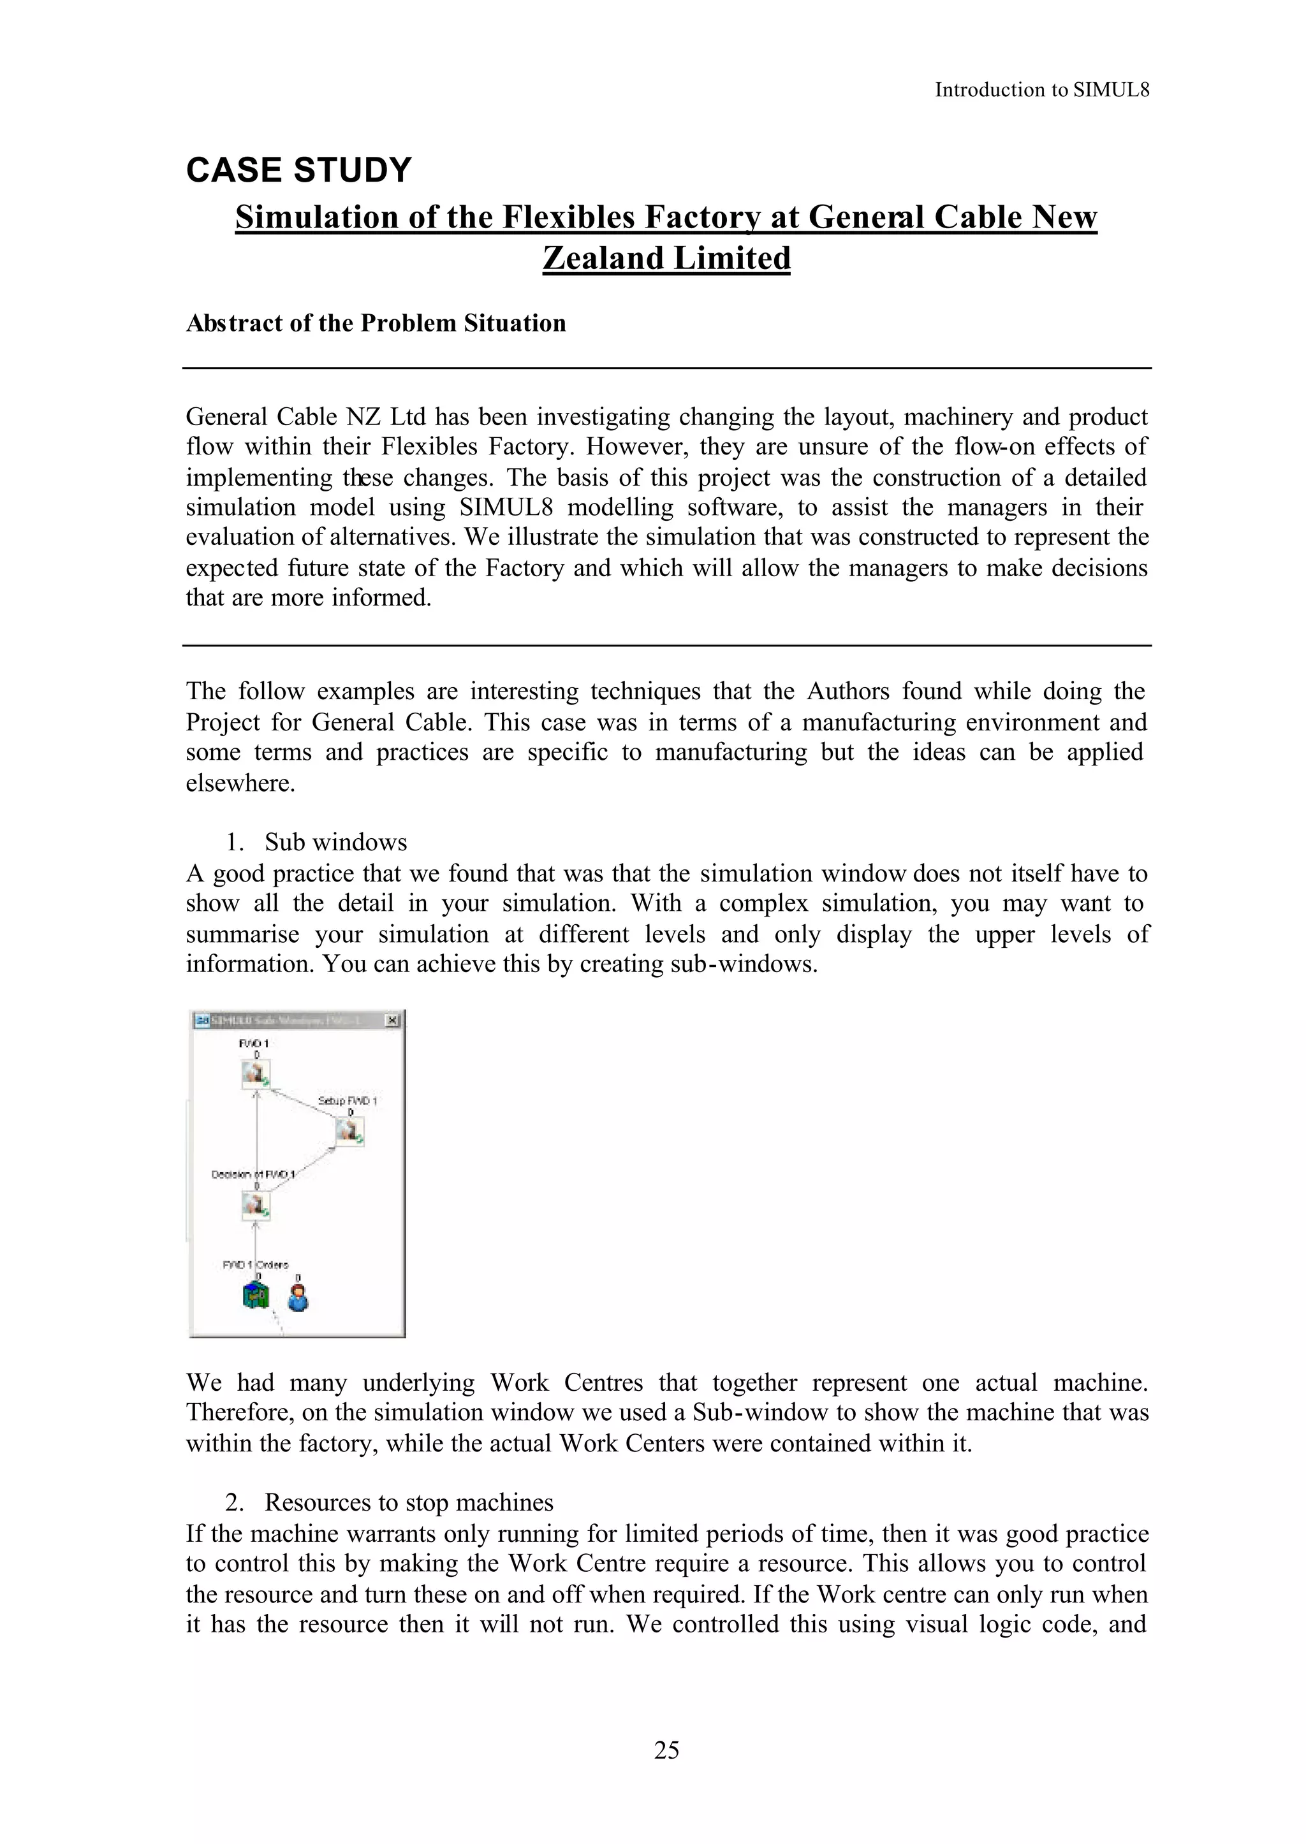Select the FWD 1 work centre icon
pos(256,1073)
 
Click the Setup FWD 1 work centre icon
pos(350,1132)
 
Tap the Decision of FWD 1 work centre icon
pos(256,1206)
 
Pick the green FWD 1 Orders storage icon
pos(255,1296)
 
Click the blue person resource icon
pos(298,1296)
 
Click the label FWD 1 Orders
pos(255,1265)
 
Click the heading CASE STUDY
pos(298,170)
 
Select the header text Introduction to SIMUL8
pos(1041,90)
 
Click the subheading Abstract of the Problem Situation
pos(376,323)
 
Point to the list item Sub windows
pos(335,843)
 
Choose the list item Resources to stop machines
pos(409,1502)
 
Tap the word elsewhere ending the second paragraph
pos(240,783)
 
